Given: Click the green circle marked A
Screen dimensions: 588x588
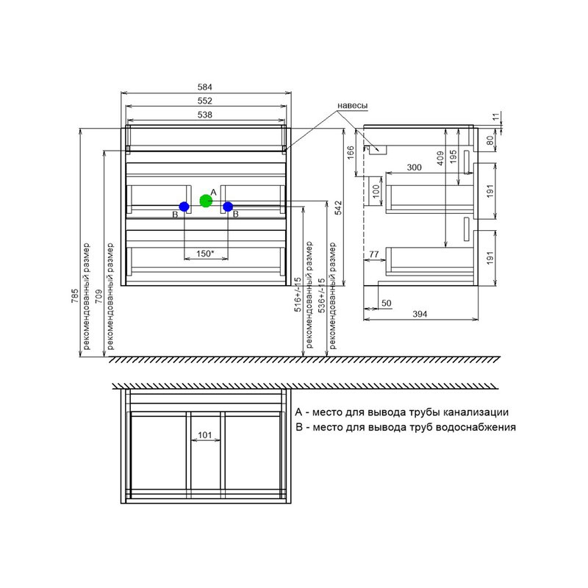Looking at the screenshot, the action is click(x=206, y=201).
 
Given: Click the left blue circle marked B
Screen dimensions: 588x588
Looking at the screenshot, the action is click(x=184, y=207).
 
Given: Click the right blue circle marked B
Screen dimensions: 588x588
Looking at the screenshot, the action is click(x=228, y=207).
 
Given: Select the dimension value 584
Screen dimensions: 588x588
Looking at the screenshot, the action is click(x=205, y=87).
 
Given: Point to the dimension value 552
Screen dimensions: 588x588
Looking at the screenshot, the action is click(x=205, y=101).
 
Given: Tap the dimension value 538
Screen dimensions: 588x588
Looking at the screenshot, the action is click(x=205, y=115).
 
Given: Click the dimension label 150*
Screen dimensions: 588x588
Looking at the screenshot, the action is click(x=205, y=254).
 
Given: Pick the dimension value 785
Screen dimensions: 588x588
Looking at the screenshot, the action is click(x=75, y=296).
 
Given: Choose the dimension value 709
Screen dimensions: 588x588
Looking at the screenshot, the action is click(x=98, y=296).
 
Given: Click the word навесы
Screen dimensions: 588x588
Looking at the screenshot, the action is click(x=353, y=106).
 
